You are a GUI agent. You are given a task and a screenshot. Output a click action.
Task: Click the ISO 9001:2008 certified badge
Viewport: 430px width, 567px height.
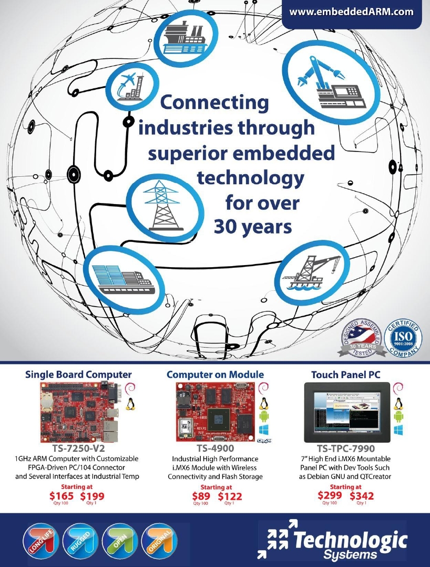tap(403, 338)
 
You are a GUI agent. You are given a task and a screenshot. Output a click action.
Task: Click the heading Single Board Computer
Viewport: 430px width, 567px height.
tap(78, 374)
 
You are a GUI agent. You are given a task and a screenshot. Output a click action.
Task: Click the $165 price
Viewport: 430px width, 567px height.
tap(62, 495)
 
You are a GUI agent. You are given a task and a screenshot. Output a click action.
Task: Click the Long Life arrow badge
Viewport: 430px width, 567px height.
tap(40, 542)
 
